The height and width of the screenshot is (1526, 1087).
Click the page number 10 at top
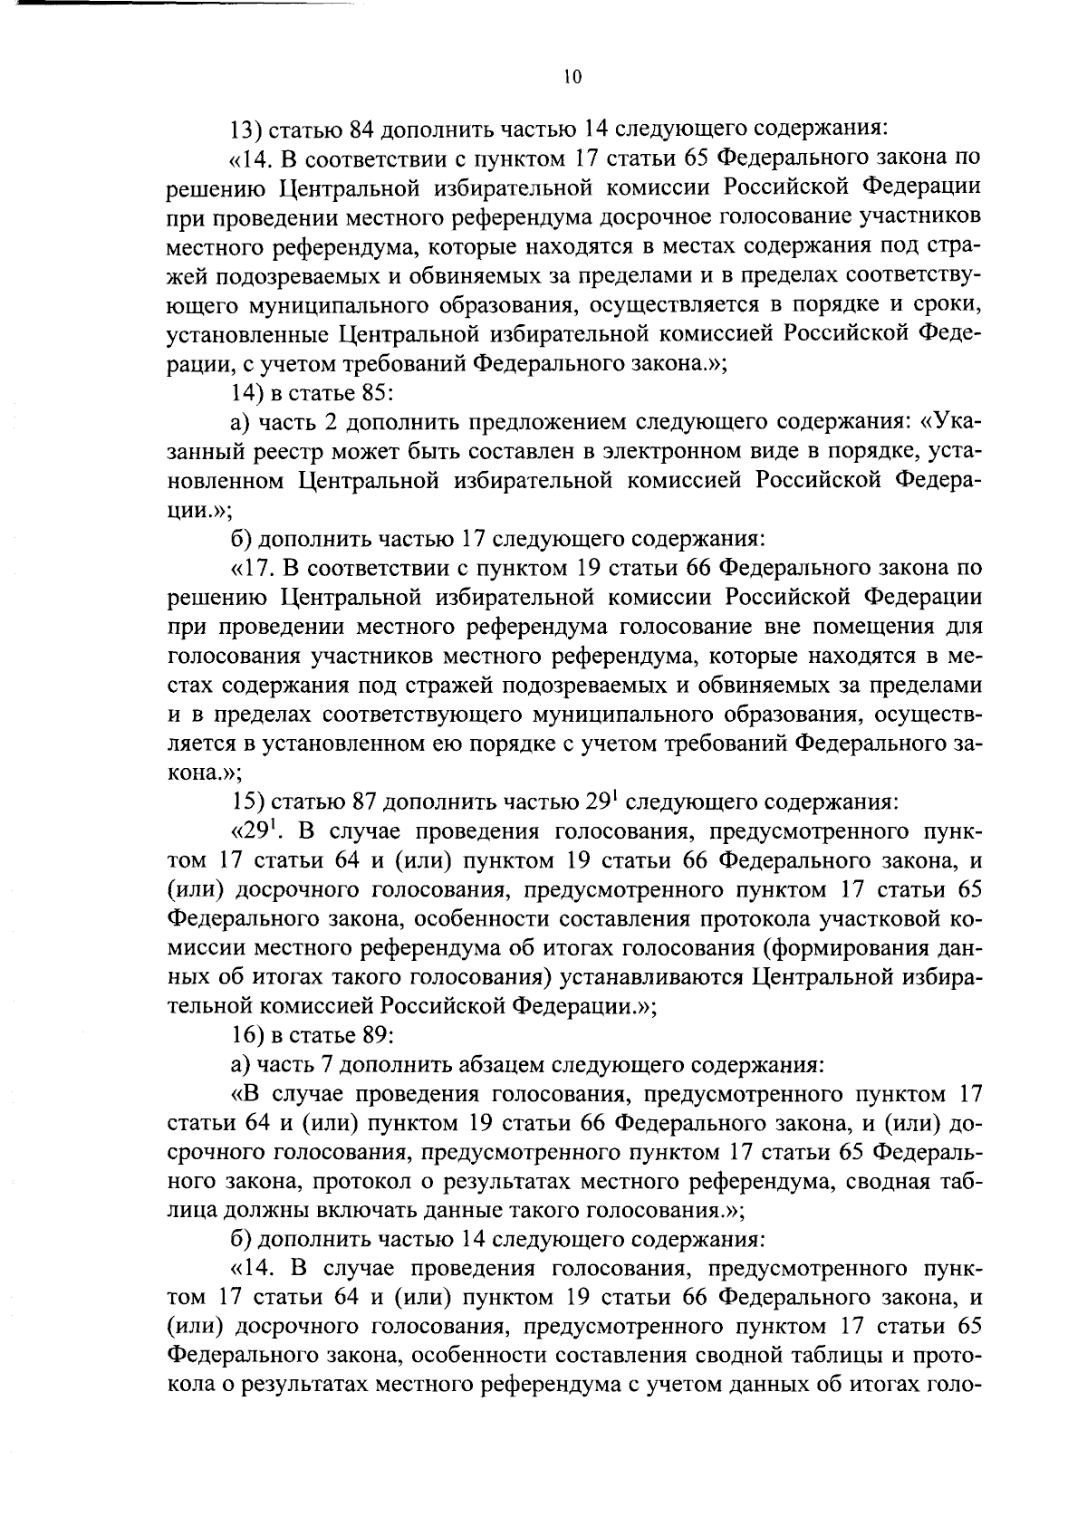coord(572,78)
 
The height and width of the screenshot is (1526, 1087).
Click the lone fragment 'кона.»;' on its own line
coord(204,773)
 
